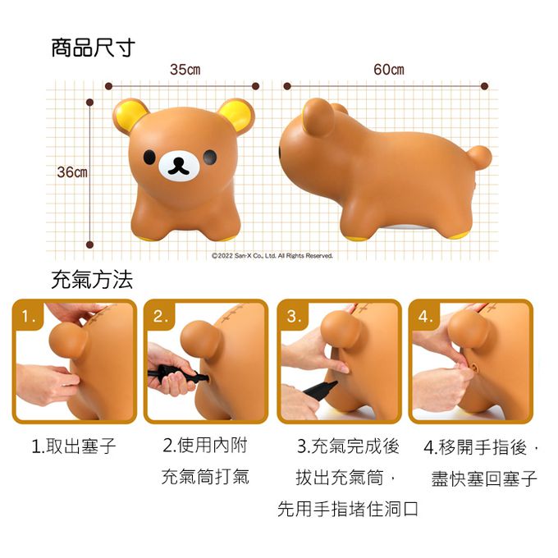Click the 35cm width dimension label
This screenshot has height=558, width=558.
pos(185,70)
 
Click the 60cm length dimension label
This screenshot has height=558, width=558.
pos(389,70)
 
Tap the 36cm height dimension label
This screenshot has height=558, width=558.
pos(72,172)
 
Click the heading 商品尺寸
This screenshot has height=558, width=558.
pos(94,48)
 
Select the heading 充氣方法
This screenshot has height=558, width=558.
pos(92,279)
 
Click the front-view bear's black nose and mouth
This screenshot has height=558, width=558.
pos(179,167)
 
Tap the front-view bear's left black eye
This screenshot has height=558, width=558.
pos(149,157)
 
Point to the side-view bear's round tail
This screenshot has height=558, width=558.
pos(479,158)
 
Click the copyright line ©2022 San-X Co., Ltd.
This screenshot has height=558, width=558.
pos(272,255)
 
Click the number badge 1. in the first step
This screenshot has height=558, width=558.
pos(29,316)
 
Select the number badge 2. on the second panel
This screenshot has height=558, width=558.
pos(161,316)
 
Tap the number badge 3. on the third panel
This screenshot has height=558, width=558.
pos(294,316)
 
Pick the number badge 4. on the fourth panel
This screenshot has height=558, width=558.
pos(425,316)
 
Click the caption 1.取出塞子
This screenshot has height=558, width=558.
pos(74,446)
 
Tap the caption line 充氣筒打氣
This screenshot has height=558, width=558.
pos(205,477)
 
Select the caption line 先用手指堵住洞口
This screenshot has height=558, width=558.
pos(348,509)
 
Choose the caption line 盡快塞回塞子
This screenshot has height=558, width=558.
pos(484,478)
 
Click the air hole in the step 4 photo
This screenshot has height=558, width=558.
pos(475,365)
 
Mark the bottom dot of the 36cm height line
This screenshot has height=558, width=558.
pos(89,245)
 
